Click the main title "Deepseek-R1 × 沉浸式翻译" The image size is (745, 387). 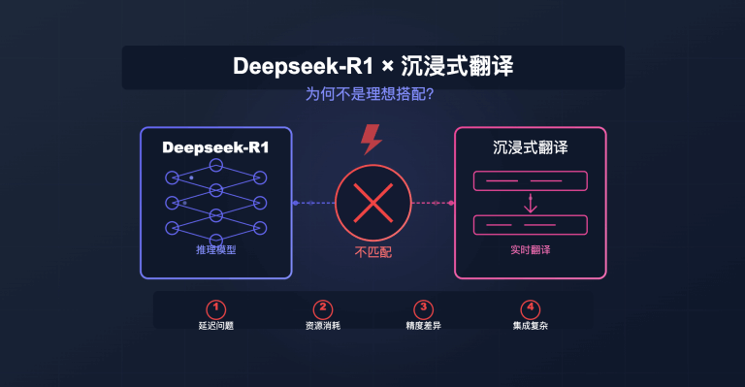(372, 67)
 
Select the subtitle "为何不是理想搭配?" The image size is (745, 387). (372, 97)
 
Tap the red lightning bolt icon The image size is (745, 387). (372, 140)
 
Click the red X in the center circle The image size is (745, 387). (372, 204)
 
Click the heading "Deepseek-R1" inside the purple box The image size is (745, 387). (216, 149)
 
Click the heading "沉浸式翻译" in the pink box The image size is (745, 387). (531, 149)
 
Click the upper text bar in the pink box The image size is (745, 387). (531, 180)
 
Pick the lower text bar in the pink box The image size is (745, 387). (531, 225)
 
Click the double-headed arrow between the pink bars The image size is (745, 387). (531, 203)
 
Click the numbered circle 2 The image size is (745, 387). (325, 308)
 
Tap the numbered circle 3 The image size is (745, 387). (422, 308)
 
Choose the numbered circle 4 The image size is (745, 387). (530, 308)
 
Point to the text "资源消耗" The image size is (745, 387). (325, 326)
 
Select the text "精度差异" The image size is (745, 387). (422, 326)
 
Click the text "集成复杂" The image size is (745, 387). (530, 326)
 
